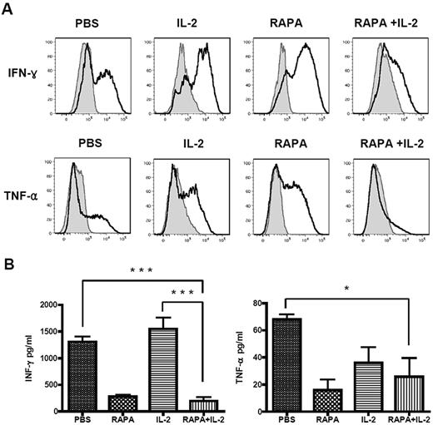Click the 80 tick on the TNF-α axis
pyautogui.click(x=271, y=304)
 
